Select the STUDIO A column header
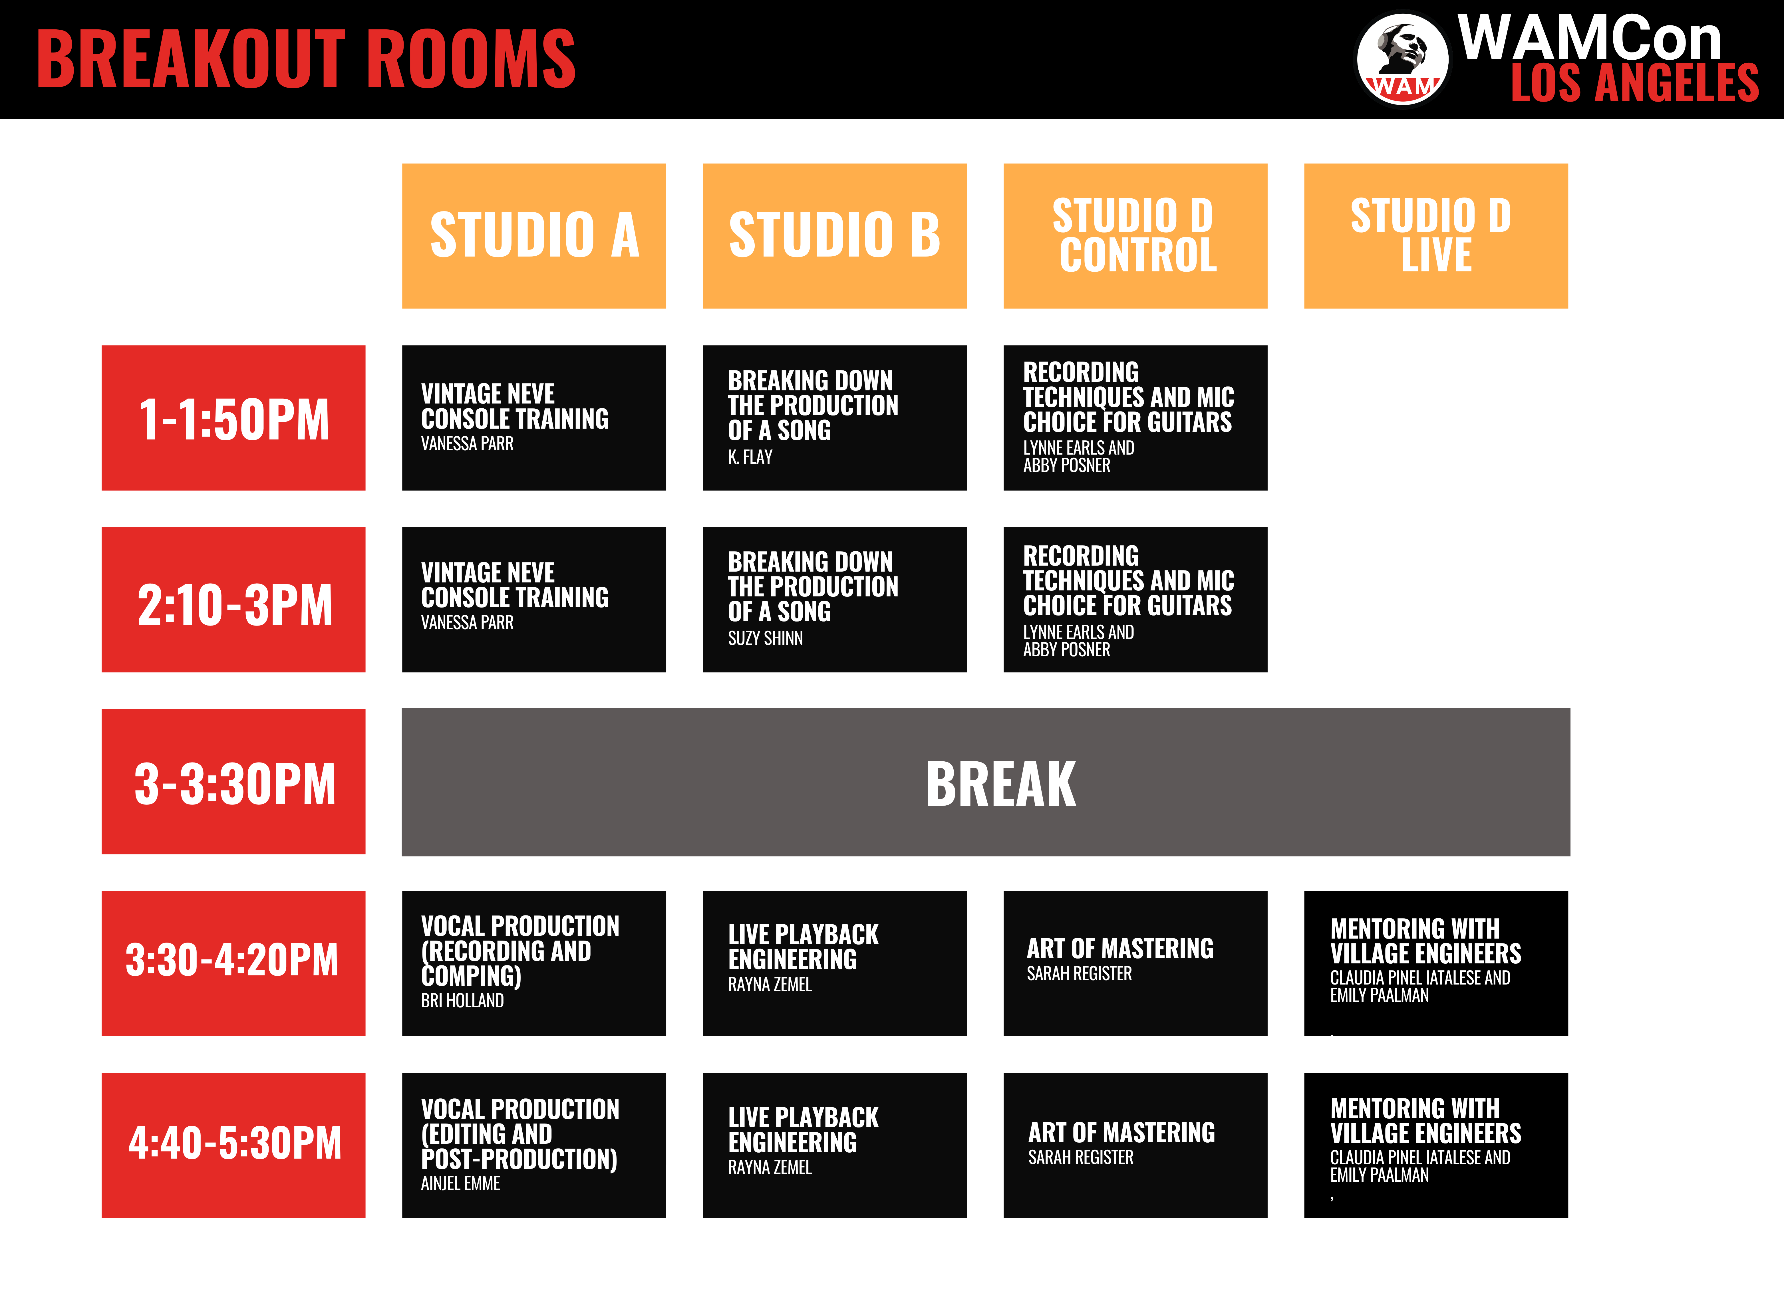[534, 236]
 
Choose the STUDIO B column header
[835, 236]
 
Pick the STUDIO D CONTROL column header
[1135, 236]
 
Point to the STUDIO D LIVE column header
[1435, 236]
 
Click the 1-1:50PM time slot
[233, 418]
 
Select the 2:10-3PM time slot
[233, 599]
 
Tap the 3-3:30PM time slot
[233, 782]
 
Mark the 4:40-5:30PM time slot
[233, 1145]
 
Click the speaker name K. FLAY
[750, 457]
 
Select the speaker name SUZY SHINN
[765, 638]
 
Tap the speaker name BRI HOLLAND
[462, 1001]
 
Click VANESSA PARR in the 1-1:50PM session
[467, 444]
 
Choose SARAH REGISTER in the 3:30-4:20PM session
[1079, 974]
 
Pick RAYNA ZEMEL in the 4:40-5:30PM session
[770, 1167]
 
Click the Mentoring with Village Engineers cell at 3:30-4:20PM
[1435, 963]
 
